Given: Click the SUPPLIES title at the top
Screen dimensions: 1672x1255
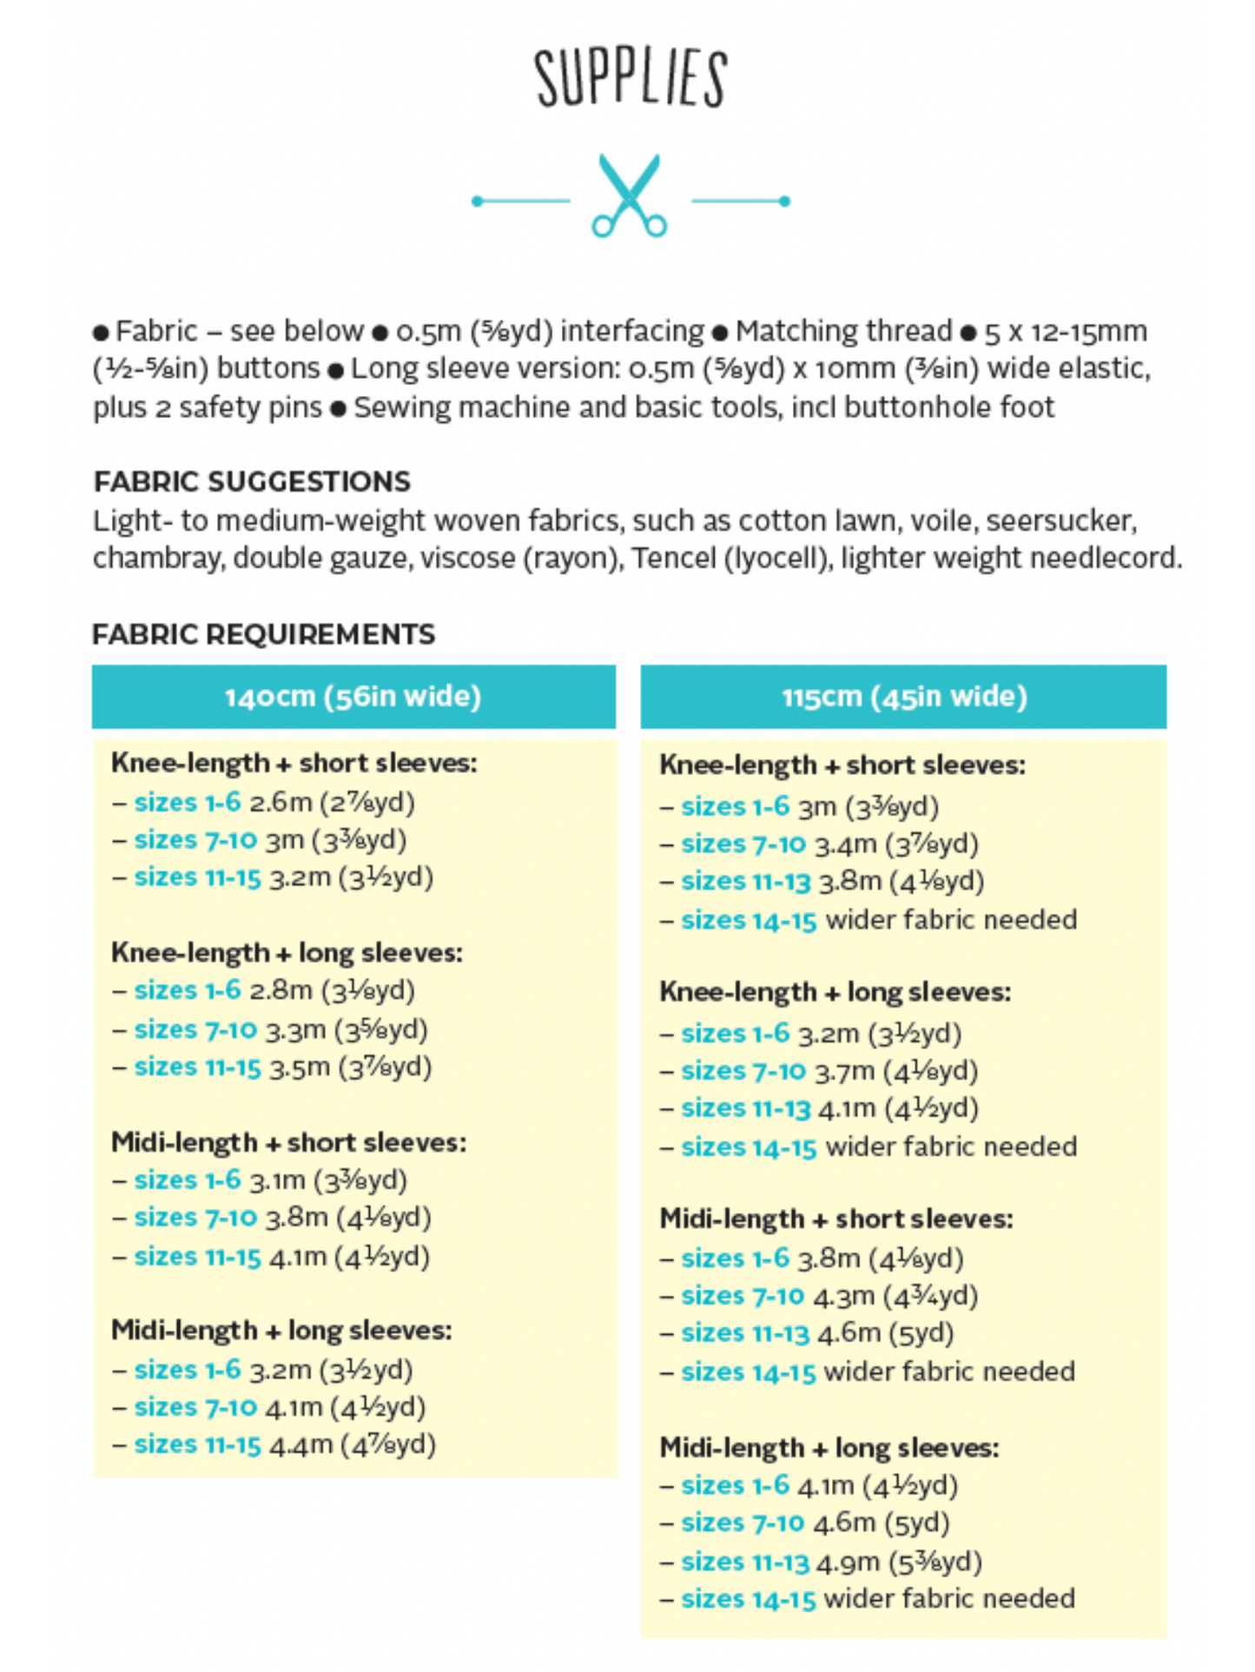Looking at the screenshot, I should pos(631,78).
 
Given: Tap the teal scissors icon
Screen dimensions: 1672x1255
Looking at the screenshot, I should pos(630,196).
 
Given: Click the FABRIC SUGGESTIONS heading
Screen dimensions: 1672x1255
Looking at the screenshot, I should pos(252,481).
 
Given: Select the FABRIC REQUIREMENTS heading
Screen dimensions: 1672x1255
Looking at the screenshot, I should pos(263,634).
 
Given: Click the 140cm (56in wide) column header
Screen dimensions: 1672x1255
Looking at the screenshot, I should pos(353,697).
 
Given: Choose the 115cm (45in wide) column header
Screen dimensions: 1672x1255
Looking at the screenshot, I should pos(904,697).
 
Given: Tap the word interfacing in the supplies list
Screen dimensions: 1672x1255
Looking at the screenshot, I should pos(632,331).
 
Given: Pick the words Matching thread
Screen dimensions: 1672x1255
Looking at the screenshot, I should pos(843,331).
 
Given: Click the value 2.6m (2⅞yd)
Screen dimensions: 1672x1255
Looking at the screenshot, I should pos(332,802).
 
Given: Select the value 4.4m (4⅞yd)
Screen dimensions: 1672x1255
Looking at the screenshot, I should pos(352,1444).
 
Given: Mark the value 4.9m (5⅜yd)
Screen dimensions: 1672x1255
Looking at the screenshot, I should pos(899,1562).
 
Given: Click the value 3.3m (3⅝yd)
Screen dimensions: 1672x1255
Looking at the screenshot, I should pos(347,1029).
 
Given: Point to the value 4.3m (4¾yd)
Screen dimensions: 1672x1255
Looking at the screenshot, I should pos(895,1296).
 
